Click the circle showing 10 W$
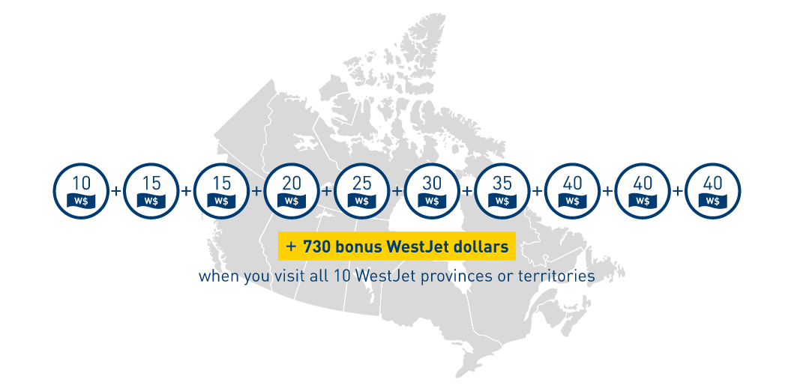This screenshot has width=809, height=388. [81, 190]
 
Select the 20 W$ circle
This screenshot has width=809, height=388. [292, 190]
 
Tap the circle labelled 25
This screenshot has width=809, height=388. [361, 190]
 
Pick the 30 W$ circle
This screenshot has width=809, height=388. [432, 190]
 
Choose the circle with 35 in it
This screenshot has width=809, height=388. [502, 190]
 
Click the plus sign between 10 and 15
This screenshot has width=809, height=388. [116, 191]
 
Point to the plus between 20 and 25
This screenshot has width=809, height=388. [327, 191]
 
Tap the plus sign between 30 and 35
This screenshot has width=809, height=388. [467, 191]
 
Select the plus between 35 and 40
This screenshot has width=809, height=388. [538, 191]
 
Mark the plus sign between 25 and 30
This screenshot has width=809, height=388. [397, 191]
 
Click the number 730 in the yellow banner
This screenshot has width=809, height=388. [316, 246]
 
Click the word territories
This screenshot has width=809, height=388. [555, 276]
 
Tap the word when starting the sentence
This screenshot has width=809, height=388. [216, 276]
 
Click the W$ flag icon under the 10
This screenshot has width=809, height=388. [81, 201]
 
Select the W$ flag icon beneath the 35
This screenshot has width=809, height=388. [502, 201]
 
